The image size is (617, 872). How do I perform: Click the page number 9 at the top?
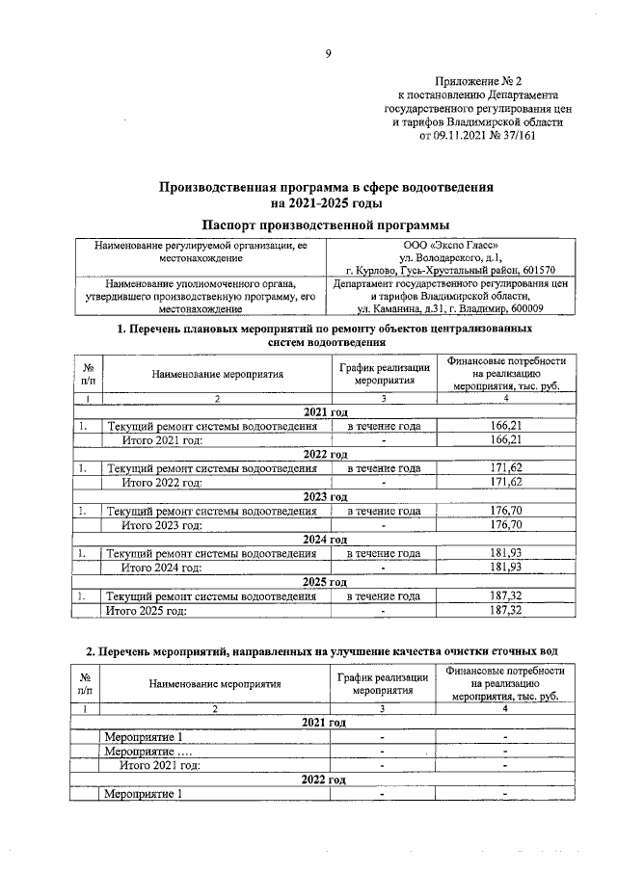coord(327,53)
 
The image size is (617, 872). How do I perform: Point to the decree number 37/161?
coord(514,137)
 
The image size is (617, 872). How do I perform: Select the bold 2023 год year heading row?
coord(325,496)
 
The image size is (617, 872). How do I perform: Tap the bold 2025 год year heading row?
coord(325,582)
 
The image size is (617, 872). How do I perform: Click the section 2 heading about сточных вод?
coord(322,652)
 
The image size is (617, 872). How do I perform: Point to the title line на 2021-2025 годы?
coord(327,202)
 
